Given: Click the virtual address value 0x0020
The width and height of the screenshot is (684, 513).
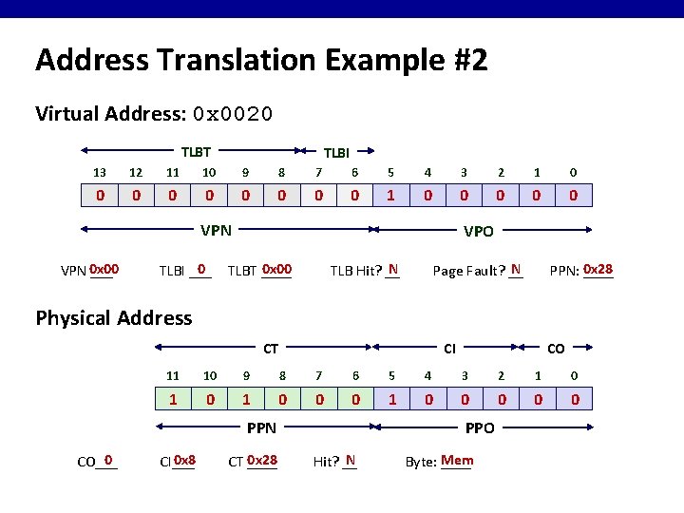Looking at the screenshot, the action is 232,114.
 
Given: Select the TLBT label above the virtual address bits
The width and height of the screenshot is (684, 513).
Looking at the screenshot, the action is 196,151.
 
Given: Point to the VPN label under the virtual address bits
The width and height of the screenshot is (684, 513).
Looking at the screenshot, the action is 216,229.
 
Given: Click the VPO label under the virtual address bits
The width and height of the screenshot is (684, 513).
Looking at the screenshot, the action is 478,230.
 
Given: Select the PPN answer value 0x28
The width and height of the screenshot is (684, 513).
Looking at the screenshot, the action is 598,269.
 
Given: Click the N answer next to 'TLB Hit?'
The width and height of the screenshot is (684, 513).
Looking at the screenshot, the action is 392,269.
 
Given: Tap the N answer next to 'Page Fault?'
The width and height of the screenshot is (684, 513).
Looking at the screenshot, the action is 515,269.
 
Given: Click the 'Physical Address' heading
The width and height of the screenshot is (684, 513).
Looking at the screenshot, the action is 114,317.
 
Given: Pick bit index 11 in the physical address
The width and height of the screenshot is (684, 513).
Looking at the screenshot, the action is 173,375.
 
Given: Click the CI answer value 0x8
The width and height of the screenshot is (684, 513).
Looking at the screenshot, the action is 184,461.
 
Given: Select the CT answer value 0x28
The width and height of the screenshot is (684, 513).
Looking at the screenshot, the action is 261,461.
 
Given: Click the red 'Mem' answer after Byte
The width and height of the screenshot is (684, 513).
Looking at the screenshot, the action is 457,461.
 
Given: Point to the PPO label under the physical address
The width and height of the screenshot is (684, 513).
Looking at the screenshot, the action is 480,428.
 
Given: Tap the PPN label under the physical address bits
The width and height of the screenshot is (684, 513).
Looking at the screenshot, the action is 261,428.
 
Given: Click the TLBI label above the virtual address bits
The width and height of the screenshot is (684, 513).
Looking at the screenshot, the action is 336,152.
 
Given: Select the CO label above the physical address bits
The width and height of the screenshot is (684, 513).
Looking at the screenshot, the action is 556,350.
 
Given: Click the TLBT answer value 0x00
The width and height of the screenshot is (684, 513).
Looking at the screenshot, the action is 276,269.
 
